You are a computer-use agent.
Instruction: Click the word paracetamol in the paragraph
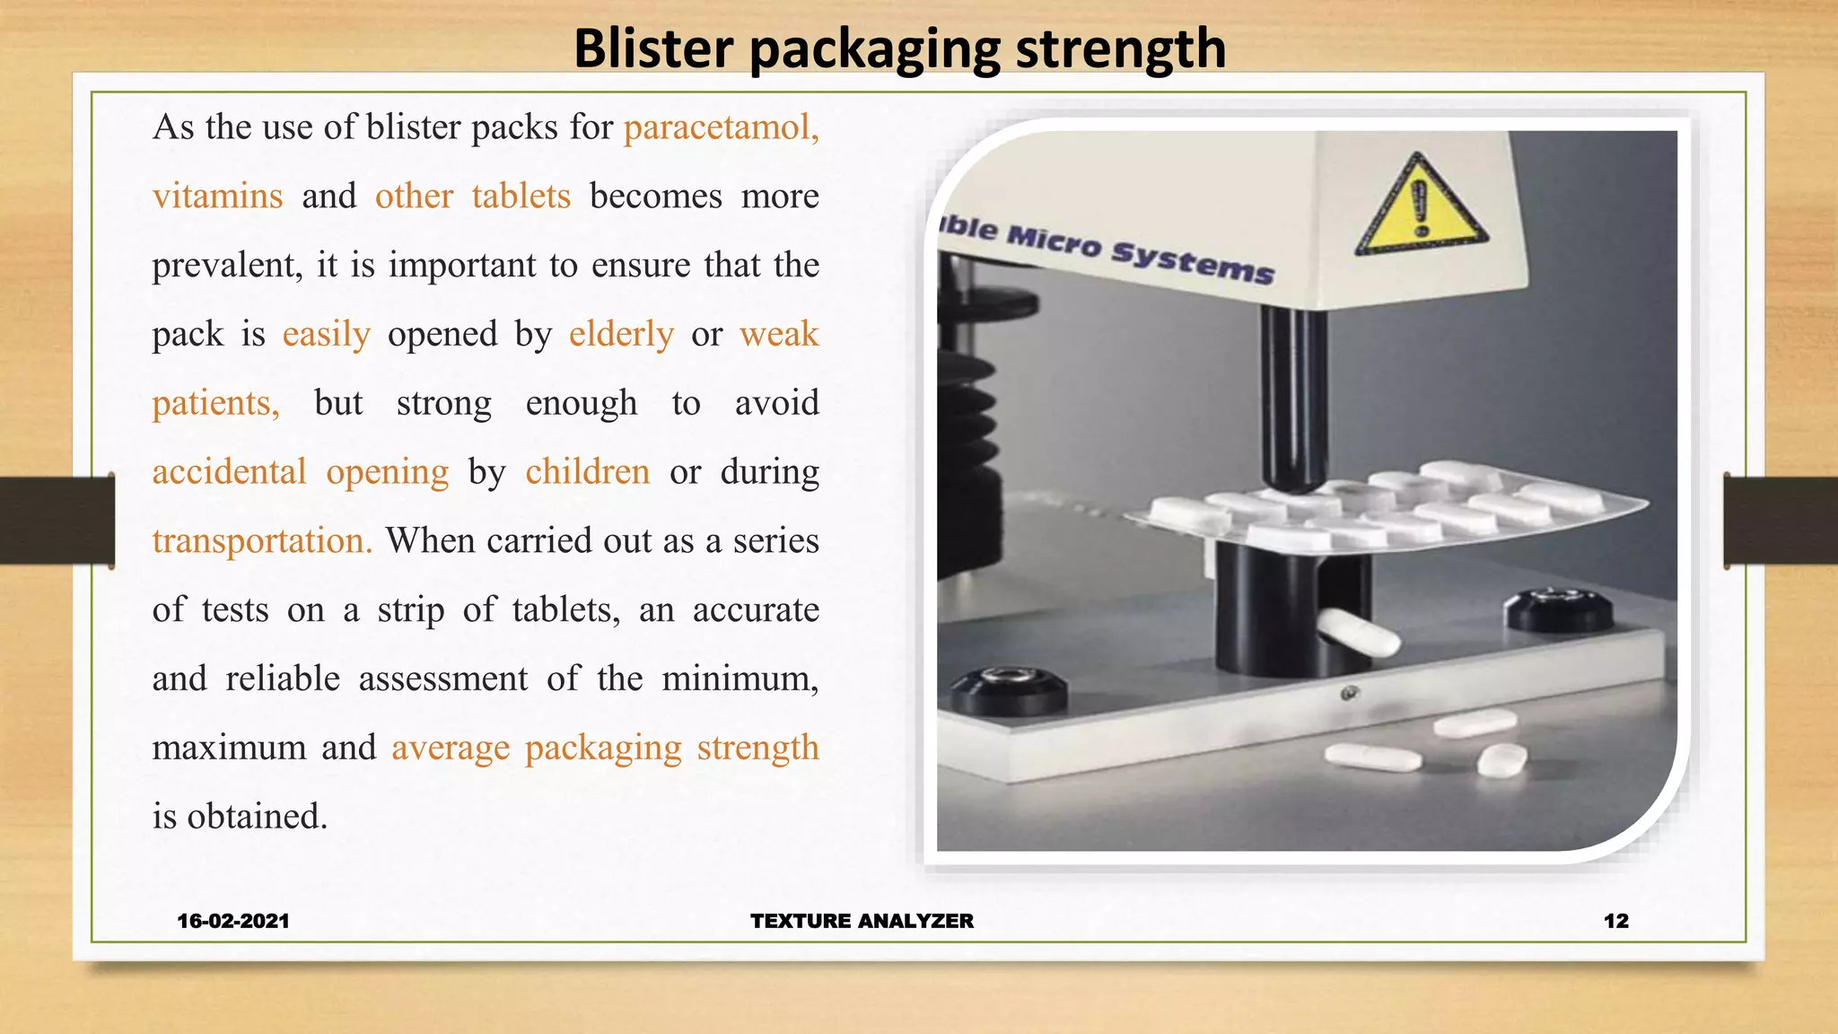coord(721,127)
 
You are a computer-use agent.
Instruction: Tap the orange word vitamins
coord(217,196)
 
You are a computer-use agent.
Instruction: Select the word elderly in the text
coord(621,334)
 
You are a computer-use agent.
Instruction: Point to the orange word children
coord(587,472)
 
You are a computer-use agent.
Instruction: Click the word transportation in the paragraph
coord(261,541)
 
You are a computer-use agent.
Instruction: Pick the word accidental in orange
coord(229,472)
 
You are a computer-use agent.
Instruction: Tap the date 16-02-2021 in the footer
coord(233,921)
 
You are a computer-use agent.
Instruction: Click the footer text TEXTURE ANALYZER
coord(862,921)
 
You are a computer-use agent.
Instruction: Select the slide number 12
coord(1615,921)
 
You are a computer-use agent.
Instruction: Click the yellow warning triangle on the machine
coord(1420,206)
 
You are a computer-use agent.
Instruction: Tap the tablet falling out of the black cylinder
coord(1358,632)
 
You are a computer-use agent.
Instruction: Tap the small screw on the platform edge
coord(1349,694)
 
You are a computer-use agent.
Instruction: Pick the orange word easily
coord(326,334)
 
